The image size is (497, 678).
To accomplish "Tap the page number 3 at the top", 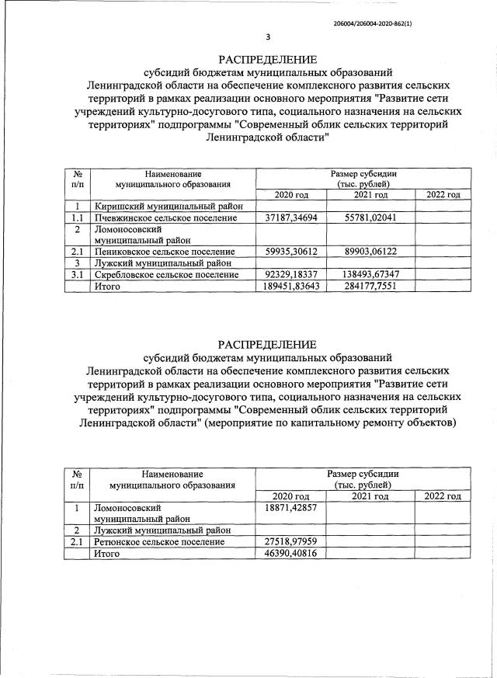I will (268, 37).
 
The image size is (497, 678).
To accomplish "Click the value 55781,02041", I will (369, 218).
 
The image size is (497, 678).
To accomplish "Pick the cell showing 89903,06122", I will (369, 252).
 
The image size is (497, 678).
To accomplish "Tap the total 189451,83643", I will (290, 287).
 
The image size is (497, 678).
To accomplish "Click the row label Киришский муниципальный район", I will (169, 207).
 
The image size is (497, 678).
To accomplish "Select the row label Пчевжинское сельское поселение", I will (165, 218).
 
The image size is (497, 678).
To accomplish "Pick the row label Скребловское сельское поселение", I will (166, 275).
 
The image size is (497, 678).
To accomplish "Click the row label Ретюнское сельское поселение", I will (158, 541).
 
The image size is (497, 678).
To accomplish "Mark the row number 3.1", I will (77, 275).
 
